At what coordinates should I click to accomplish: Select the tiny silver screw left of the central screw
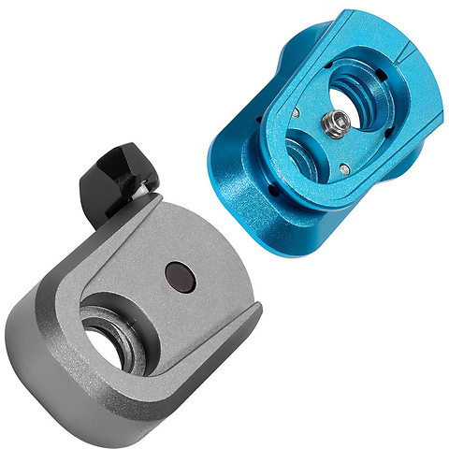pyautogui.click(x=296, y=113)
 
